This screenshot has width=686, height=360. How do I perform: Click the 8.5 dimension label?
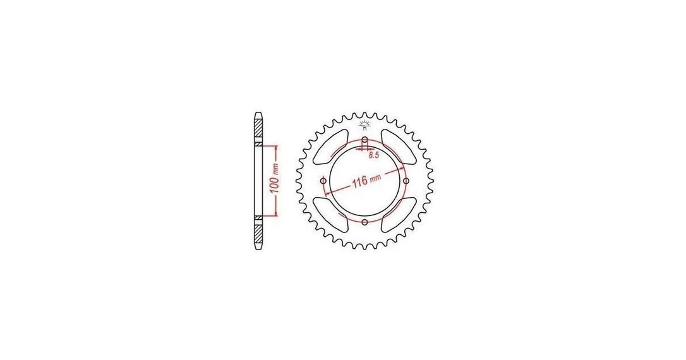click(373, 155)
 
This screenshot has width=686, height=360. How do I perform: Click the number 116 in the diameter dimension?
click(361, 181)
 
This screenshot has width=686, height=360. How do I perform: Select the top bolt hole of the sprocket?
click(365, 140)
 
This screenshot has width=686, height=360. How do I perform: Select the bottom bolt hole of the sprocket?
click(365, 222)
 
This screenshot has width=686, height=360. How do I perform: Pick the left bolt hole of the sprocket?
click(323, 181)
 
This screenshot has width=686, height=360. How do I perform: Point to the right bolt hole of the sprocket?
click(406, 181)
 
